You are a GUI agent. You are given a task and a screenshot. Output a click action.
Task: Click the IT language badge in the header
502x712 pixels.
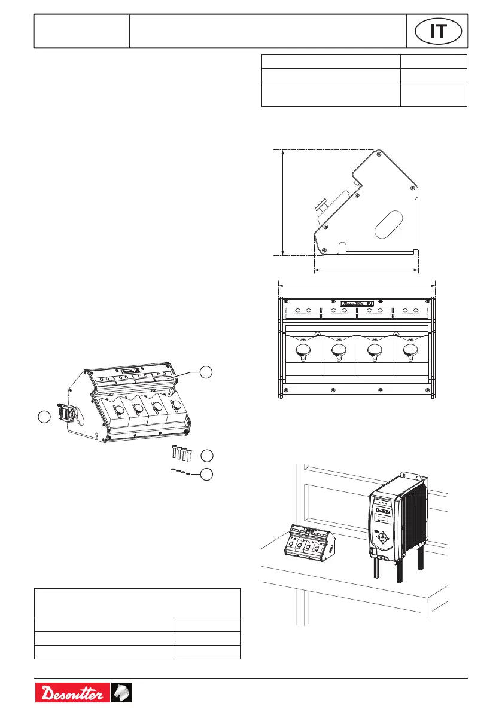[439, 31]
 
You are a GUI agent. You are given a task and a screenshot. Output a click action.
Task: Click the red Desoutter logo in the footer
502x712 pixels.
[72, 694]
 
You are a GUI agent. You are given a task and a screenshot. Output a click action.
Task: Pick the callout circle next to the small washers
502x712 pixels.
[206, 475]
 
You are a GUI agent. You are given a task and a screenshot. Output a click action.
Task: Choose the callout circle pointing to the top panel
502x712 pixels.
[206, 371]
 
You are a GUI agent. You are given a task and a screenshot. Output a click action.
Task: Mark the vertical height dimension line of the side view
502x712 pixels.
[282, 202]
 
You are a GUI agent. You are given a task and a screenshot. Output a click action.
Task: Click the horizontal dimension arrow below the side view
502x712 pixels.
[366, 270]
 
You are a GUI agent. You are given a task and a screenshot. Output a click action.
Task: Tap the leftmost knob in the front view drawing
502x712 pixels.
[303, 351]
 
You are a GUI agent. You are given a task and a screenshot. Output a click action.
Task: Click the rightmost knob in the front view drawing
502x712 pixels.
[410, 351]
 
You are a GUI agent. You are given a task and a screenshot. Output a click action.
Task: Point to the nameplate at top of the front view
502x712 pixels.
[357, 303]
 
